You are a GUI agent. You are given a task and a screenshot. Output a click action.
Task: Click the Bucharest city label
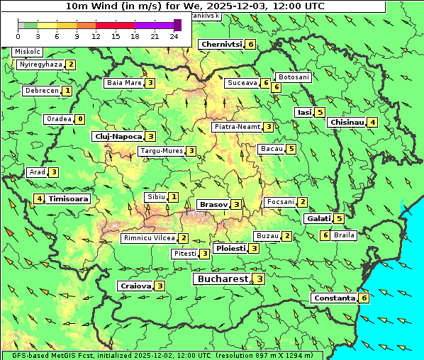tap(222, 279)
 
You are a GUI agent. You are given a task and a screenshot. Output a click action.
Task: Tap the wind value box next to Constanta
tap(364, 298)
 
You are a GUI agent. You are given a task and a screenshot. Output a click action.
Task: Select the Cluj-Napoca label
tap(118, 136)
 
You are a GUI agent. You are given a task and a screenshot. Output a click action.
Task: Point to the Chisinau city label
tap(347, 122)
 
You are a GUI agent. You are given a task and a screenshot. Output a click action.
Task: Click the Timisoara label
tap(69, 199)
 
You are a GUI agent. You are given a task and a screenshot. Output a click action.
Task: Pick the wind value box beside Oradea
tap(80, 119)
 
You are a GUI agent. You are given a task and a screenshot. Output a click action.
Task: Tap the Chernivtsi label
tap(221, 44)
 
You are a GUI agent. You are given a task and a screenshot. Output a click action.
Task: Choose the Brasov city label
tap(213, 204)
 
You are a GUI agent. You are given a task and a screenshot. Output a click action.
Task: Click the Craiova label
tap(135, 286)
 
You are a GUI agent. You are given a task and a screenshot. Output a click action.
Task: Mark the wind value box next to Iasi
tap(320, 112)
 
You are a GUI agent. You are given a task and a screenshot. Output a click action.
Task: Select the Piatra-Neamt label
tap(238, 127)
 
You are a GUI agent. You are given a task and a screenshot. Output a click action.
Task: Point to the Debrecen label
tap(40, 91)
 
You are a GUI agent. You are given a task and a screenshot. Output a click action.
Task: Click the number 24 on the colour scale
tap(174, 35)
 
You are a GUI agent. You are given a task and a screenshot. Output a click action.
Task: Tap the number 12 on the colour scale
tap(96, 35)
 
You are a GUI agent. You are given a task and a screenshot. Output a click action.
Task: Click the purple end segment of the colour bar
tap(177, 25)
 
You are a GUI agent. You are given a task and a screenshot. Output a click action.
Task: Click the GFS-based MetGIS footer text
tap(162, 354)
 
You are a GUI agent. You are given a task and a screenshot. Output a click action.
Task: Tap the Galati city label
tap(318, 219)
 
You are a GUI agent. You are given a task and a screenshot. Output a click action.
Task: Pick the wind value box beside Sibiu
tap(174, 196)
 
